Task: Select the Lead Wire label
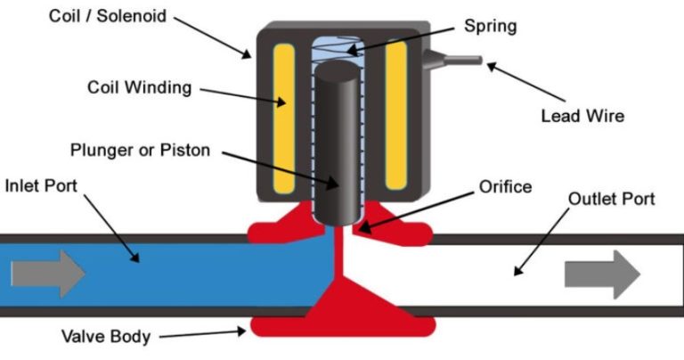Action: [x=582, y=116]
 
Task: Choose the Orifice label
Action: [x=504, y=187]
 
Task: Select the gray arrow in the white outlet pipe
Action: [x=602, y=274]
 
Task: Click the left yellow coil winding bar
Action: [x=284, y=117]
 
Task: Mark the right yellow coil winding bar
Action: [x=395, y=117]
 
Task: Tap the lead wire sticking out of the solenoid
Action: [x=458, y=61]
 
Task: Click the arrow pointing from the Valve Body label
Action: [x=205, y=334]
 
